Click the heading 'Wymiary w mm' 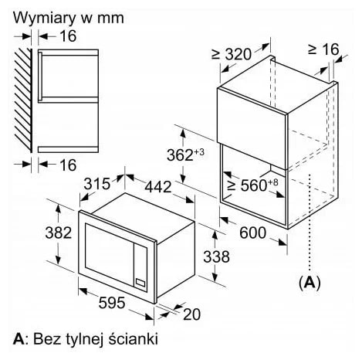tap(69, 18)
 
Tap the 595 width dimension tap(112, 303)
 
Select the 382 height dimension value tap(59, 233)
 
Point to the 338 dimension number tap(216, 256)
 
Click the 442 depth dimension tap(158, 187)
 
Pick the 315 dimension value tap(97, 184)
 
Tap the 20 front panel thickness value tap(191, 314)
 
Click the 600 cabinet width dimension tap(252, 233)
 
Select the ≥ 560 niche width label tap(253, 185)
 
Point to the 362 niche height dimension tap(185, 155)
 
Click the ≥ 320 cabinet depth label tap(232, 54)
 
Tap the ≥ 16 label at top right tap(323, 49)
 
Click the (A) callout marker tap(310, 284)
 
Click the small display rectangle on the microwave tap(140, 283)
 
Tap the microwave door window tap(110, 253)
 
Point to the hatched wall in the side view tap(23, 100)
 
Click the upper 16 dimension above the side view tap(68, 36)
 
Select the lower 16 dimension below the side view tap(68, 165)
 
